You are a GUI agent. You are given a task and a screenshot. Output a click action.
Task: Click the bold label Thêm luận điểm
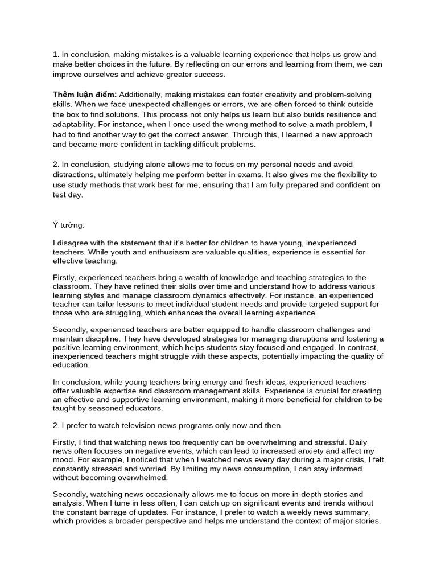point(85,94)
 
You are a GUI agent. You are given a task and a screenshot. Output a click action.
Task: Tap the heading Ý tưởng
point(68,225)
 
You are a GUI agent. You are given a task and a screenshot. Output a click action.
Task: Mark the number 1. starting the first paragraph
point(56,55)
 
